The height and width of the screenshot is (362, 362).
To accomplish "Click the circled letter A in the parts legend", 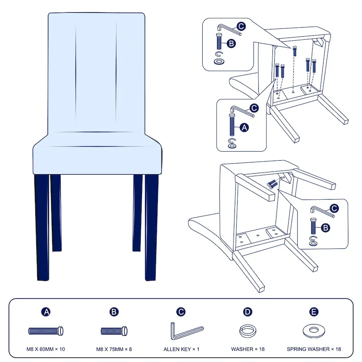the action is tap(46, 312).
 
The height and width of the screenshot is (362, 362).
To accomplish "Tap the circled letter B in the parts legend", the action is tap(114, 312).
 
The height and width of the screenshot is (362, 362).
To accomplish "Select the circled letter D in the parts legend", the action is tap(248, 312).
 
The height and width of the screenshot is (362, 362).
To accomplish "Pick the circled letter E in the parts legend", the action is tap(314, 312).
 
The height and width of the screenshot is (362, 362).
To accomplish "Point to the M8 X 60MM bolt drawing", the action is tap(46, 331).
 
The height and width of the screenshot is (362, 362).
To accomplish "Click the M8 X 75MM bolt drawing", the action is tap(114, 331).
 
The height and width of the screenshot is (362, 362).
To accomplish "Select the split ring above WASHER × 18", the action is tap(241, 331).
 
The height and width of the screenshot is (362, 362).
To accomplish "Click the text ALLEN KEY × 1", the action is tap(181, 349).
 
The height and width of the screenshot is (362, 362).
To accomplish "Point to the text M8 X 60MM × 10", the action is tap(46, 349).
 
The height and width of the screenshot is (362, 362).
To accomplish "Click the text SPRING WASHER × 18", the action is tap(314, 349).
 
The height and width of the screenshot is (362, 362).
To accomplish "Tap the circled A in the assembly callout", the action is tap(244, 128).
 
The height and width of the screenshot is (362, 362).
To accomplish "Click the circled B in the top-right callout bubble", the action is tap(231, 43).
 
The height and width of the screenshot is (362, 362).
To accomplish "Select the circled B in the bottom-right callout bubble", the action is tap(325, 228).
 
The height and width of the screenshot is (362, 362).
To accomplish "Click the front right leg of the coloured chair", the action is tap(152, 228).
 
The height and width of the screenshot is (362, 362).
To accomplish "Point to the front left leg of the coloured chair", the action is tap(42, 228).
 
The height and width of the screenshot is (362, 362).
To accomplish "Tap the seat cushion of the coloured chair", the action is tap(97, 153).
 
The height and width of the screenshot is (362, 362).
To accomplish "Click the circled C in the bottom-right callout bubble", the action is tap(334, 209).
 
